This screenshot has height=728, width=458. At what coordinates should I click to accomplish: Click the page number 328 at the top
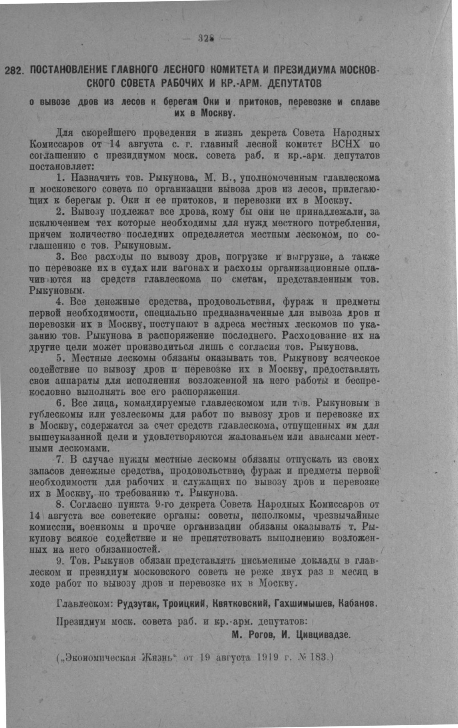pyautogui.click(x=206, y=39)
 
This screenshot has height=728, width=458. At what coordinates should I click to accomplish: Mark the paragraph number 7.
pyautogui.click(x=60, y=459)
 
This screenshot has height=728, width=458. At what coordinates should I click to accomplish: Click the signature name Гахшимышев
pyautogui.click(x=301, y=603)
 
